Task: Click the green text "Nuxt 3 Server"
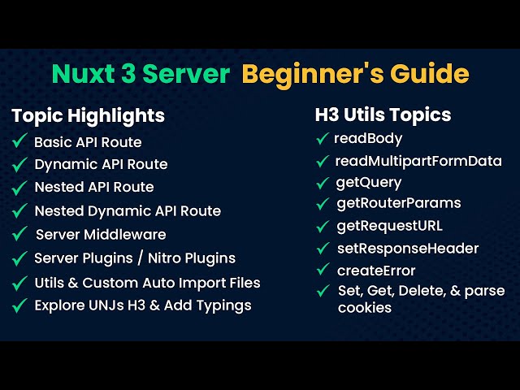coord(141,74)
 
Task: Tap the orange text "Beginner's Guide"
coord(356,74)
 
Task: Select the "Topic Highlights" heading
coord(88,115)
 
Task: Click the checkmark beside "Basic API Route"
coord(20,141)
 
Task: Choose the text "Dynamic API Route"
coord(101,164)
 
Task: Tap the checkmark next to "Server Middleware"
coord(20,234)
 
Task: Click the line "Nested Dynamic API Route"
coord(128,210)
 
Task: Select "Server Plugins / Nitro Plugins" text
coord(135,258)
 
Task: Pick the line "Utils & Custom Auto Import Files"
coord(147,283)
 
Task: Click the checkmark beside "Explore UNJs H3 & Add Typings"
coord(20,305)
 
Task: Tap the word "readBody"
coord(368,138)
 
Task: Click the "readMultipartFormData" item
coord(418,161)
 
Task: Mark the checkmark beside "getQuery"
coord(323,182)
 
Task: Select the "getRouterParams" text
coord(398,203)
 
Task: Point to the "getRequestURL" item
coord(389,226)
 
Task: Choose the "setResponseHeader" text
coord(408,249)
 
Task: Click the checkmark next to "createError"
coord(323,270)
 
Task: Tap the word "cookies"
coord(365,308)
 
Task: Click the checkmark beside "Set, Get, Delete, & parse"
coord(323,290)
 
